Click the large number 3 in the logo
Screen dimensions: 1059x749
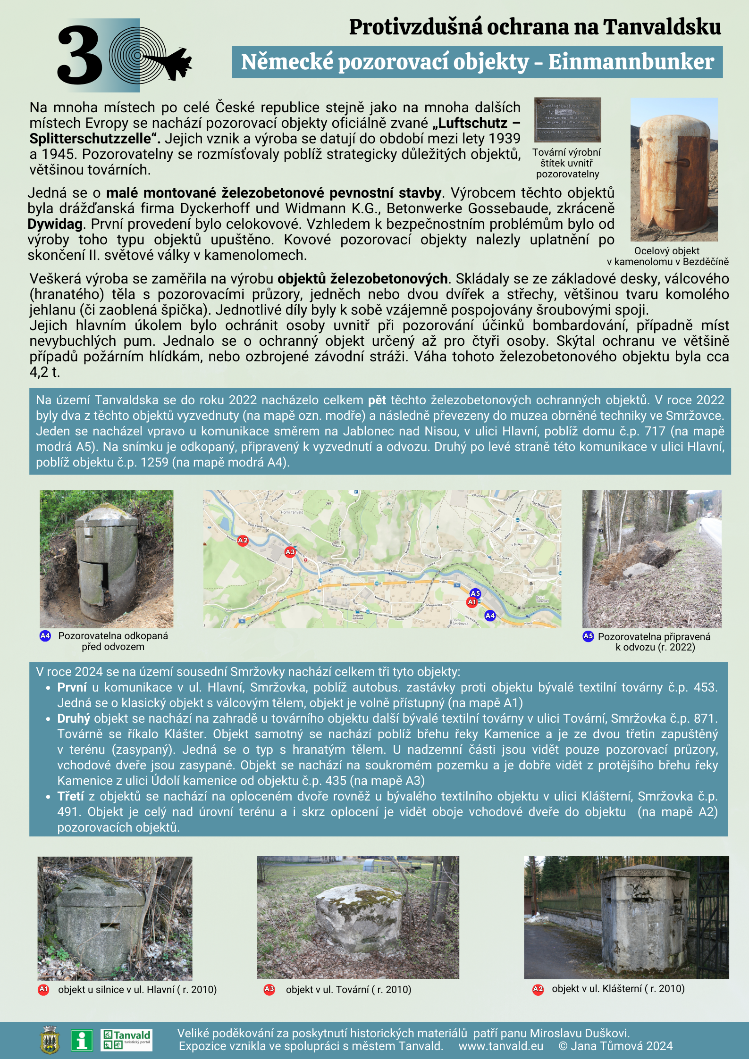[x=79, y=56]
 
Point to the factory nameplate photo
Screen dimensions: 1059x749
[x=567, y=120]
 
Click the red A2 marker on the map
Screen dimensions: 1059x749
[x=243, y=541]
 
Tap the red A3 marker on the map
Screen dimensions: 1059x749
[x=290, y=552]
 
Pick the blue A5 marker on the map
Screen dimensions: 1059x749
[x=475, y=593]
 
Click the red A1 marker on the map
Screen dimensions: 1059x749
[x=472, y=602]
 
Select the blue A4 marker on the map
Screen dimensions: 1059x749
[x=490, y=616]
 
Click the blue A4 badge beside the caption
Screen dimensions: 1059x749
[x=45, y=636]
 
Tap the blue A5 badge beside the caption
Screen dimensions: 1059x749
[x=588, y=636]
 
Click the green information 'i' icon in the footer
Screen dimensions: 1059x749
[x=82, y=1040]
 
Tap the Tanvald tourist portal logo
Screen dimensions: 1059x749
[x=126, y=1040]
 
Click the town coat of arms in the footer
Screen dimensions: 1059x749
[x=50, y=1040]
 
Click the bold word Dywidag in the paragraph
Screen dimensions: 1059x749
[x=55, y=224]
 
